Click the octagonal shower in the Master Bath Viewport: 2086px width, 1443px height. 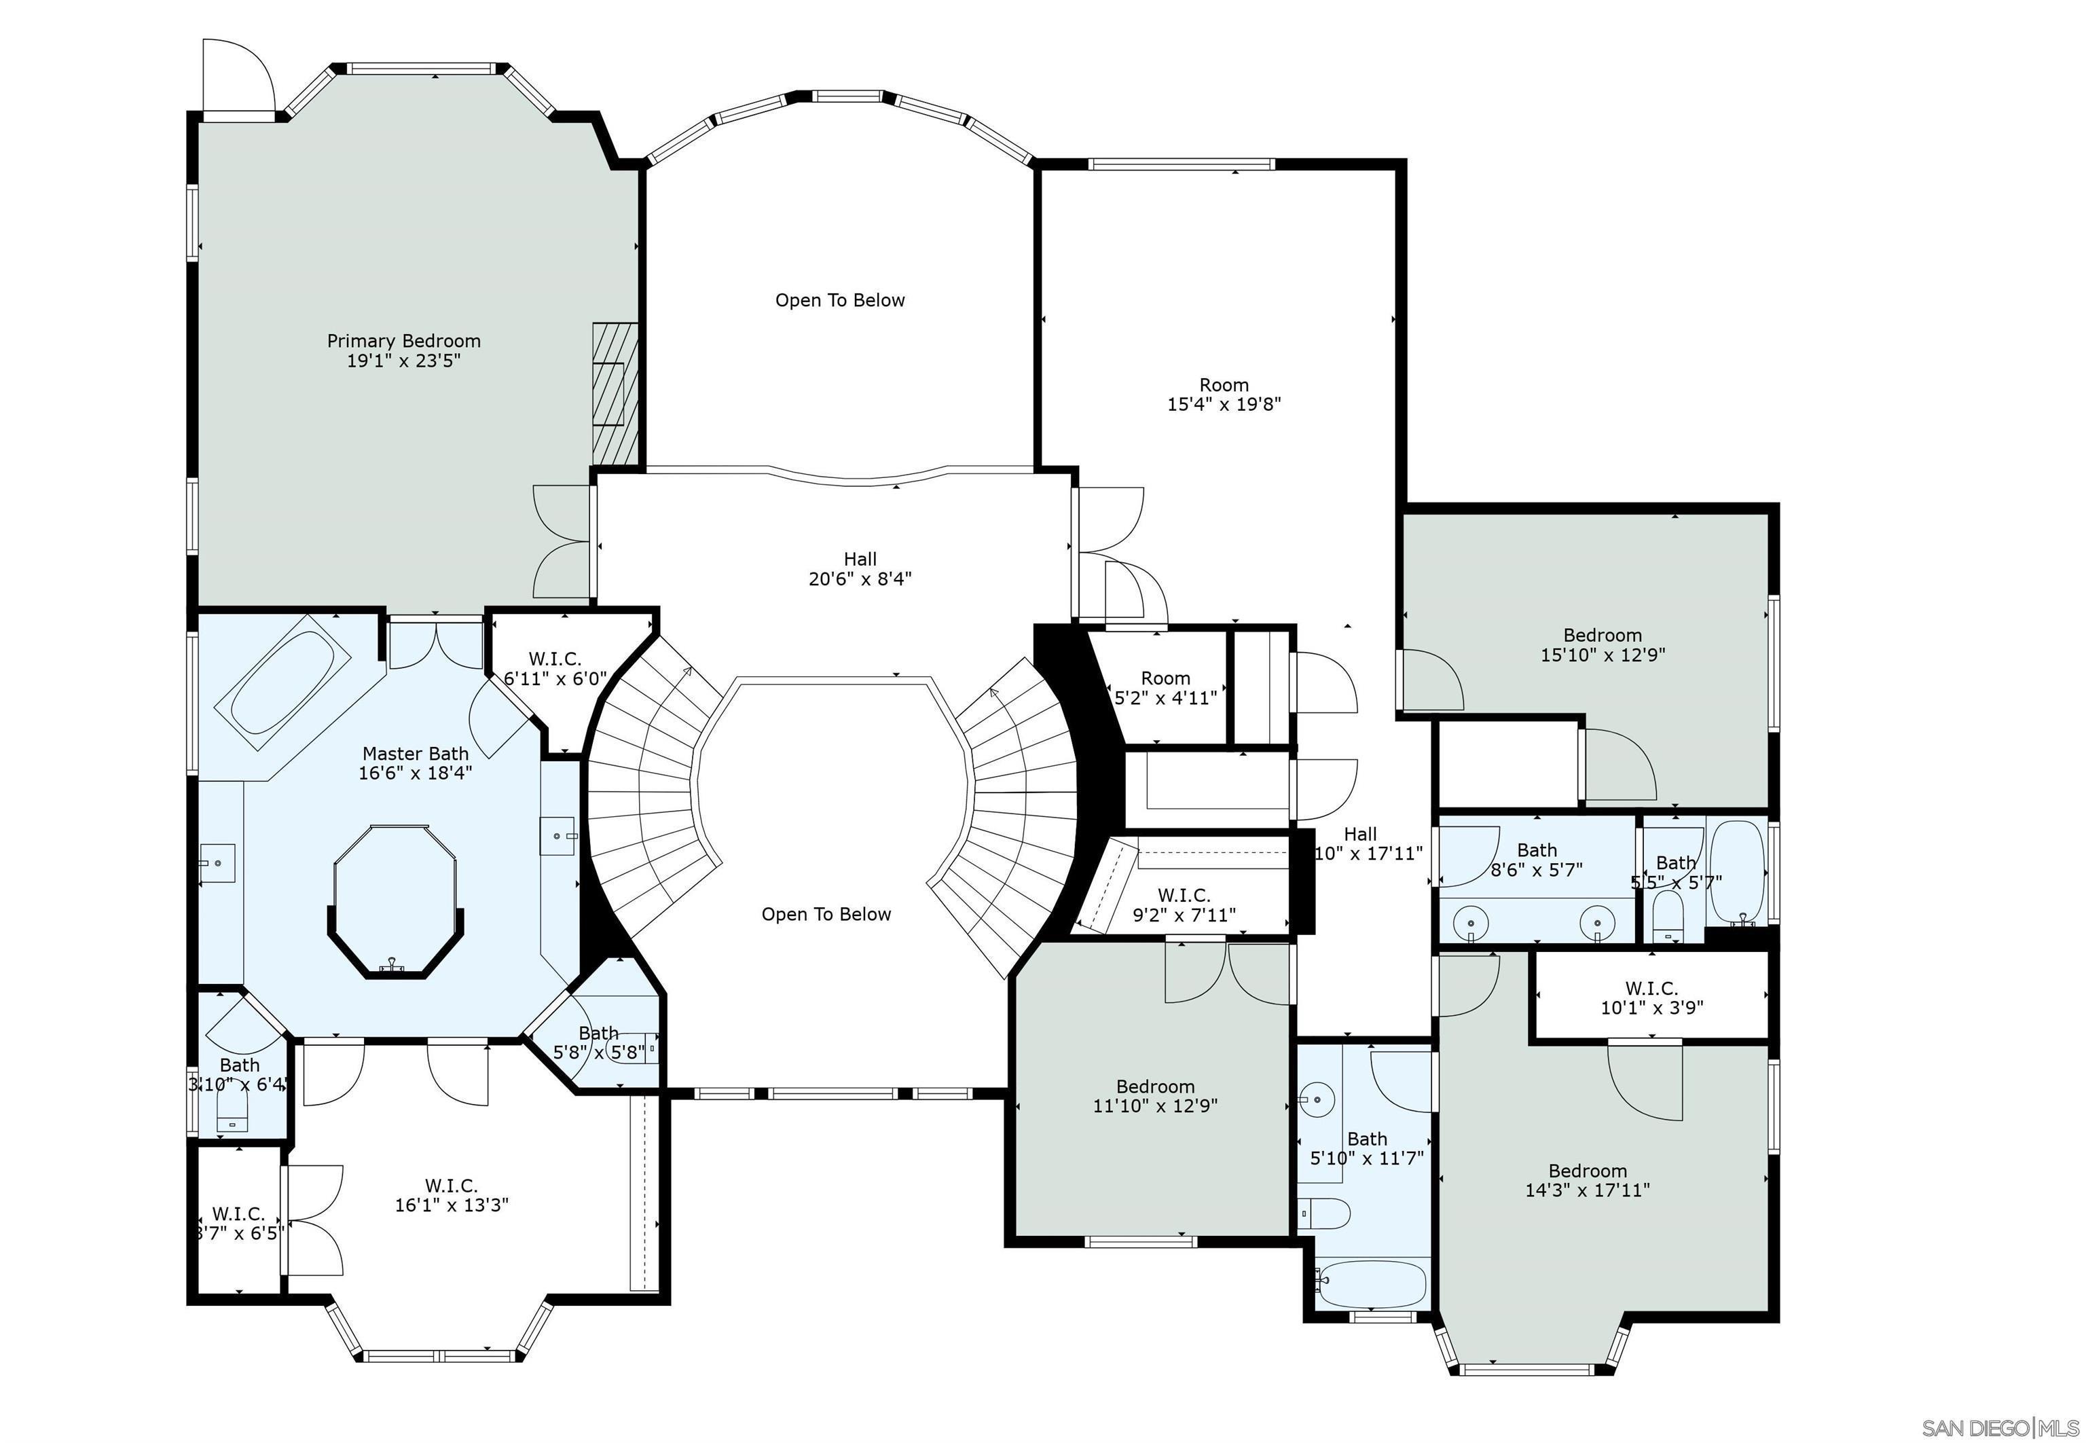pos(395,900)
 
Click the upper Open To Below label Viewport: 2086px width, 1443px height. pos(839,300)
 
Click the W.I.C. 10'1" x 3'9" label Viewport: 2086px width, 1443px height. pos(1651,998)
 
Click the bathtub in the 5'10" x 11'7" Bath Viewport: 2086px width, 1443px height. pos(1372,1285)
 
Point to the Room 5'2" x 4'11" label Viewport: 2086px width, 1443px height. pos(1165,688)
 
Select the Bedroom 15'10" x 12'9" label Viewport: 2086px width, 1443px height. pos(1603,644)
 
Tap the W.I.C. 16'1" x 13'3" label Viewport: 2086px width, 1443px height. pos(451,1194)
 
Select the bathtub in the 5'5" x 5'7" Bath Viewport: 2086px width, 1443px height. pos(1737,872)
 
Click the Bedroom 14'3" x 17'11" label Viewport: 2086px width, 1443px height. pos(1587,1180)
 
